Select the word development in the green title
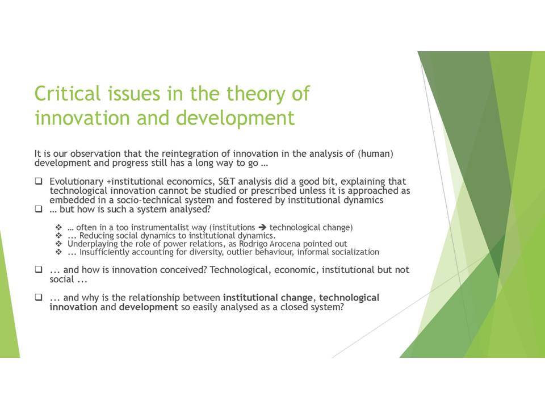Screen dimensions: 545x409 point(235,118)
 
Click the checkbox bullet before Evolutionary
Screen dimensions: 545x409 point(39,181)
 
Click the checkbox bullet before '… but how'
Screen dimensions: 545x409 point(39,209)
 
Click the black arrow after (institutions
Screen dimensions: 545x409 point(262,227)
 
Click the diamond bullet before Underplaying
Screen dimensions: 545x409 point(58,244)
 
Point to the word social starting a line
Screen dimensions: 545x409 point(62,279)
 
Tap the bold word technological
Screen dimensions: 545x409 point(349,298)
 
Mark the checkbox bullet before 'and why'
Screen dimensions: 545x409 point(39,297)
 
